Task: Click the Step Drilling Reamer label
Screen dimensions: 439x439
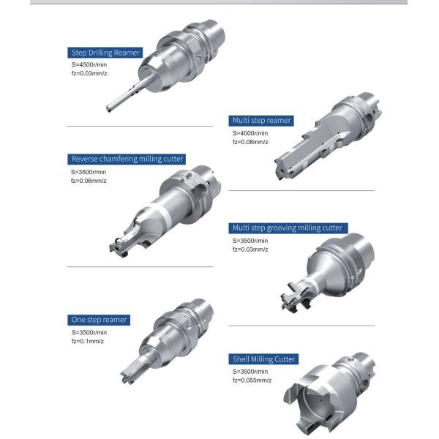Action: pos(105,53)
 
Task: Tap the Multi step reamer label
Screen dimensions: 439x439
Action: pos(261,121)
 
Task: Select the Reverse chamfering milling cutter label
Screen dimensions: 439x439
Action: pos(127,159)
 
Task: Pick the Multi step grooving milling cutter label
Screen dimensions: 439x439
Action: pos(288,228)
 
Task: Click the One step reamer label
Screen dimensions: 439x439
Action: pos(99,320)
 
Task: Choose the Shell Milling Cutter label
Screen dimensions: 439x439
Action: pos(263,359)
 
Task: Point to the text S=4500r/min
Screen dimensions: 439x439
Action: pos(89,64)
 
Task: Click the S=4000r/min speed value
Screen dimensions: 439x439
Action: pos(250,133)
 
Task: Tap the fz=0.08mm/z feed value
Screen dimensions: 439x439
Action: pos(250,142)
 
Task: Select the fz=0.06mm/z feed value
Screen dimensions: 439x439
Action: pos(89,181)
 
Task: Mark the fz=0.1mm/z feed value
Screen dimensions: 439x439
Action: pos(88,341)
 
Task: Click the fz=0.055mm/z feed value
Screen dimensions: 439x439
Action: pos(252,380)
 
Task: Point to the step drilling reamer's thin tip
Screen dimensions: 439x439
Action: pos(109,108)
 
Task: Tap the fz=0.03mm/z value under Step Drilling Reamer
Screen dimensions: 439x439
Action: pos(89,73)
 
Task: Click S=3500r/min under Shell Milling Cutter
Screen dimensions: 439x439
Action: pos(250,372)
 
